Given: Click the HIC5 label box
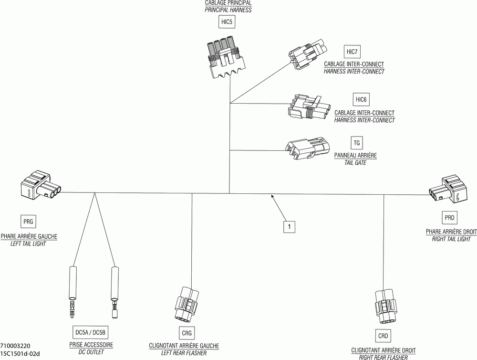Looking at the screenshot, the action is pyautogui.click(x=227, y=22).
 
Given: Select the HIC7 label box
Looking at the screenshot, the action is pyautogui.click(x=352, y=52).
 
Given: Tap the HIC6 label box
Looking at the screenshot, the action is pyautogui.click(x=361, y=100).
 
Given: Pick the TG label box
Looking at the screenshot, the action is pyautogui.click(x=356, y=143).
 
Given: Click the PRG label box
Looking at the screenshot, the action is pyautogui.click(x=28, y=222).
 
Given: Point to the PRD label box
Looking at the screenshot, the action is pyautogui.click(x=449, y=218).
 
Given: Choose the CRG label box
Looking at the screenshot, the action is pyautogui.click(x=187, y=333).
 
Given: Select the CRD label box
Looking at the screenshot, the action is pyautogui.click(x=383, y=336).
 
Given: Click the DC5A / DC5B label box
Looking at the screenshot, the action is pyautogui.click(x=90, y=333).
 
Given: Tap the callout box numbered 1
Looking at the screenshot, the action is pyautogui.click(x=289, y=227).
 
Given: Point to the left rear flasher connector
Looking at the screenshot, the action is pyautogui.click(x=187, y=304).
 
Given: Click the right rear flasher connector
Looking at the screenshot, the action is pyautogui.click(x=385, y=307).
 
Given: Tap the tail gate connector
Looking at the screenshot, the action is pyautogui.click(x=307, y=148).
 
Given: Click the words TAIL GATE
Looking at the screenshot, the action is pyautogui.click(x=355, y=163).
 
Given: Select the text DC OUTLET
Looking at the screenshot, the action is pyautogui.click(x=91, y=352).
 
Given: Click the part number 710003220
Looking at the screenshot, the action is pyautogui.click(x=15, y=346).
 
